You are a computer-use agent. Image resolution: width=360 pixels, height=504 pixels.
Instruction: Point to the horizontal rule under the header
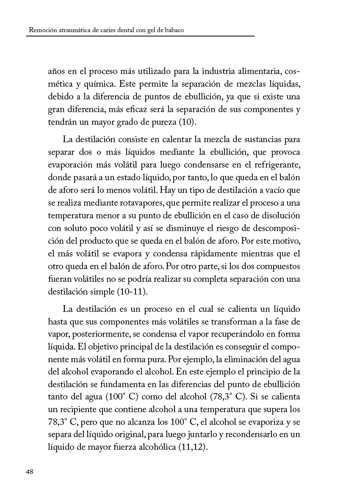[x=140, y=36]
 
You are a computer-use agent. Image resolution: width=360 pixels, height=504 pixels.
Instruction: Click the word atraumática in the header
[x=75, y=31]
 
